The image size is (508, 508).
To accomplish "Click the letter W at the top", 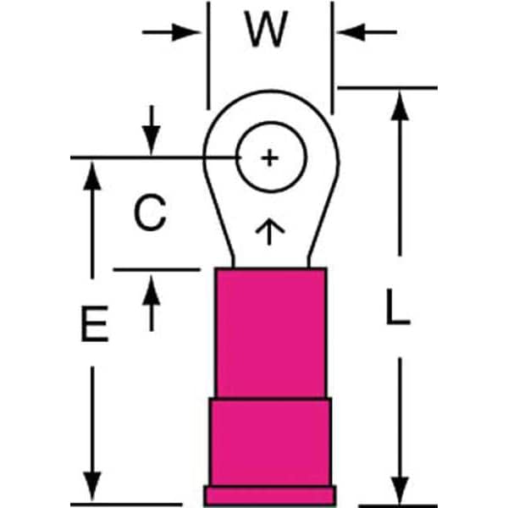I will click(269, 32).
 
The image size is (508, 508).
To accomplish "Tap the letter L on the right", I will click(397, 308).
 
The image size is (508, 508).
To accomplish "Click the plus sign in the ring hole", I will click(268, 157).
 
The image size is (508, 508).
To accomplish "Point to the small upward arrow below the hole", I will click(269, 230).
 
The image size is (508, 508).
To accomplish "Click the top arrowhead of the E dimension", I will click(91, 173).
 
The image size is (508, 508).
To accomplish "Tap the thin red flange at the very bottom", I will click(270, 494).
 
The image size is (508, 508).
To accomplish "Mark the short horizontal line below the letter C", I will click(157, 270).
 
